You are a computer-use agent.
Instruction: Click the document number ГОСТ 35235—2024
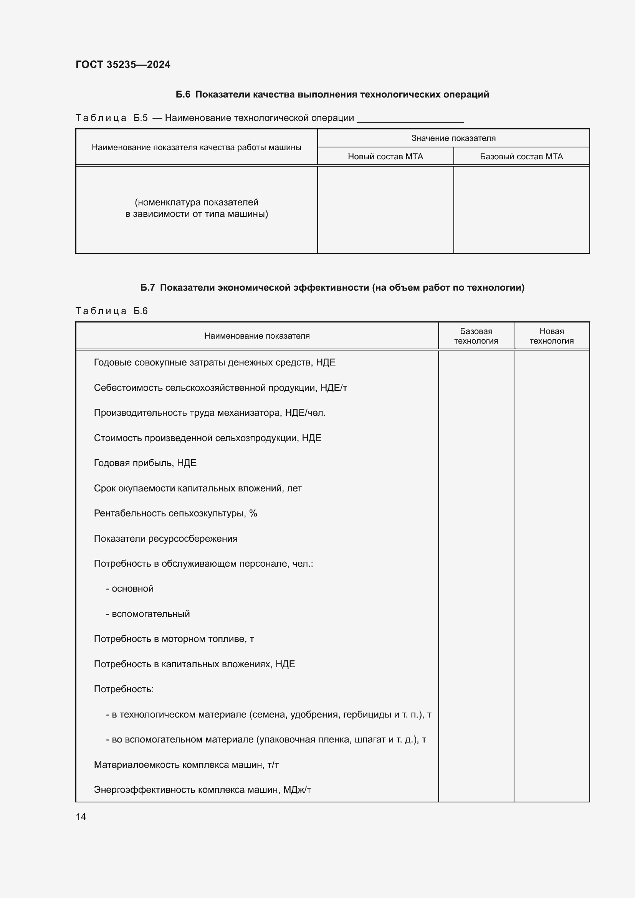coord(123,64)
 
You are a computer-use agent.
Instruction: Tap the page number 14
coord(81,817)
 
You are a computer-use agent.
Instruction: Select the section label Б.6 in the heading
coord(183,94)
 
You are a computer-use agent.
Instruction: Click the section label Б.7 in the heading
coord(147,288)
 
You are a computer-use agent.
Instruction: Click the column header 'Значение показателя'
coord(453,138)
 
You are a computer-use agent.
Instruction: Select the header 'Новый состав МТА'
coord(385,156)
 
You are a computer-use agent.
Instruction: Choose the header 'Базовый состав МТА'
coord(521,156)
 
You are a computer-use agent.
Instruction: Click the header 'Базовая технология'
coord(476,336)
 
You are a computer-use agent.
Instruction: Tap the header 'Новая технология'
coord(551,336)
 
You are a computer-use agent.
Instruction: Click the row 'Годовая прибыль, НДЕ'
coord(145,463)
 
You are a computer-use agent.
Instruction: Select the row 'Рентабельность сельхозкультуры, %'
coord(175,513)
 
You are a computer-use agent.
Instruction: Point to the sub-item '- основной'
coord(130,589)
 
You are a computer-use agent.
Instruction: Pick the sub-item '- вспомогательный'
coord(148,614)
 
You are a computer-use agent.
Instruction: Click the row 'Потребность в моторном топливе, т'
coord(174,639)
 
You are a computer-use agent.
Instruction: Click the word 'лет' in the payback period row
coord(294,488)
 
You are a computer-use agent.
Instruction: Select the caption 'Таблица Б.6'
coord(111,311)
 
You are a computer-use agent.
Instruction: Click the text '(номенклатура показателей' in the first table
coord(196,202)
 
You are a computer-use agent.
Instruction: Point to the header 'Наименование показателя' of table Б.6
coord(256,336)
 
